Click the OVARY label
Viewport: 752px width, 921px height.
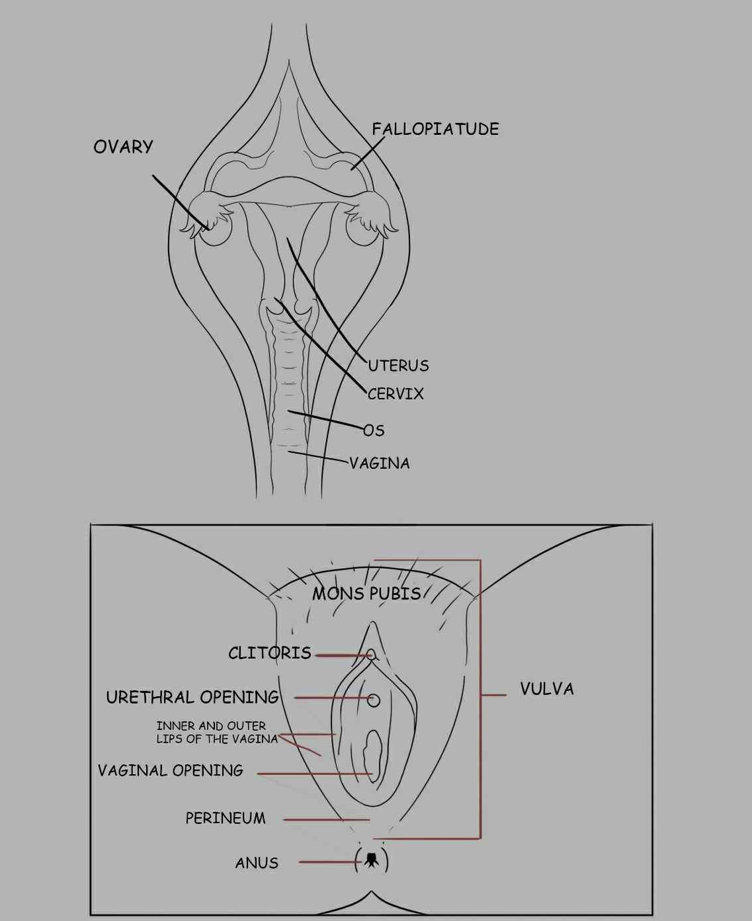tap(123, 147)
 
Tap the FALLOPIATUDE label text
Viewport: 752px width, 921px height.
tap(435, 129)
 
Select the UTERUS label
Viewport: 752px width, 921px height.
tap(399, 366)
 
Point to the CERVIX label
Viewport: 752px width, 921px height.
tap(396, 394)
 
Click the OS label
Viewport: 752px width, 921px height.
tap(374, 430)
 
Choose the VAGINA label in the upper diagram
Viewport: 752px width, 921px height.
tap(380, 463)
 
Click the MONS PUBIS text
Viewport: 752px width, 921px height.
tap(366, 594)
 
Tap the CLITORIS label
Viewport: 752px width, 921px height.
tap(270, 653)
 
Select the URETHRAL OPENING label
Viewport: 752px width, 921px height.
tap(192, 698)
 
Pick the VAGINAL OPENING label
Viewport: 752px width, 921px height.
tap(171, 770)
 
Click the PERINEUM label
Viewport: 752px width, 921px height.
tap(226, 819)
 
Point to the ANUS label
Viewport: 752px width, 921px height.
tap(257, 863)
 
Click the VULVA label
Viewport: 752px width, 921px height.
tap(547, 689)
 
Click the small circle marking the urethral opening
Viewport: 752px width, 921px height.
tap(374, 700)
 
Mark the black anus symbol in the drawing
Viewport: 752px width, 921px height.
tap(371, 860)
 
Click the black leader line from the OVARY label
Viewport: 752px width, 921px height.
tap(179, 201)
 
